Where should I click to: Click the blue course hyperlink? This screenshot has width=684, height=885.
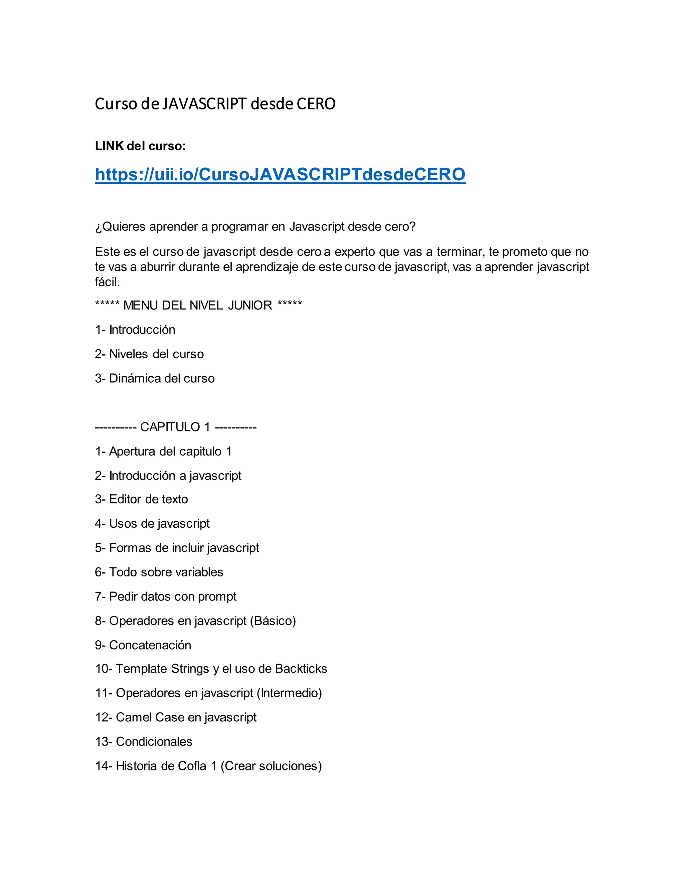coord(280,175)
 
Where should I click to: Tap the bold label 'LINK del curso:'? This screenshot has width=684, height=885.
coord(140,146)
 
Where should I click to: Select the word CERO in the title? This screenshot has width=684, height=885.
coord(316,104)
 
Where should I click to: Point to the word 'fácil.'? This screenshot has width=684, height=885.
coord(108,282)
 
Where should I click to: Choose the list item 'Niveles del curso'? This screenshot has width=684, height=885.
coord(156,354)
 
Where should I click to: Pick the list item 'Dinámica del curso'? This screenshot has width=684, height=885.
coord(162,378)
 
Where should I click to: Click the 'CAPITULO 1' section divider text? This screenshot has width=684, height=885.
coord(175,427)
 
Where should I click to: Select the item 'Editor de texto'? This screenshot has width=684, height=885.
coord(148,499)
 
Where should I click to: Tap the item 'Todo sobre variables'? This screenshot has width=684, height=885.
coord(166,572)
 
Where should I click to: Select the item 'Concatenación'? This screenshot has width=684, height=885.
coord(150,645)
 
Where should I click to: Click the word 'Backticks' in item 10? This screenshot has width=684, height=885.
coord(301,669)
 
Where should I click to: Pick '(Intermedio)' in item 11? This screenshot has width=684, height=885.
coord(289,693)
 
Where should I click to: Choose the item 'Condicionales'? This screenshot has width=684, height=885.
coord(154,741)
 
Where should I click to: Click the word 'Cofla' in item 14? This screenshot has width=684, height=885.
coord(190,766)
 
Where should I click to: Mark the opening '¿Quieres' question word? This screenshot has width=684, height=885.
coord(120,227)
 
